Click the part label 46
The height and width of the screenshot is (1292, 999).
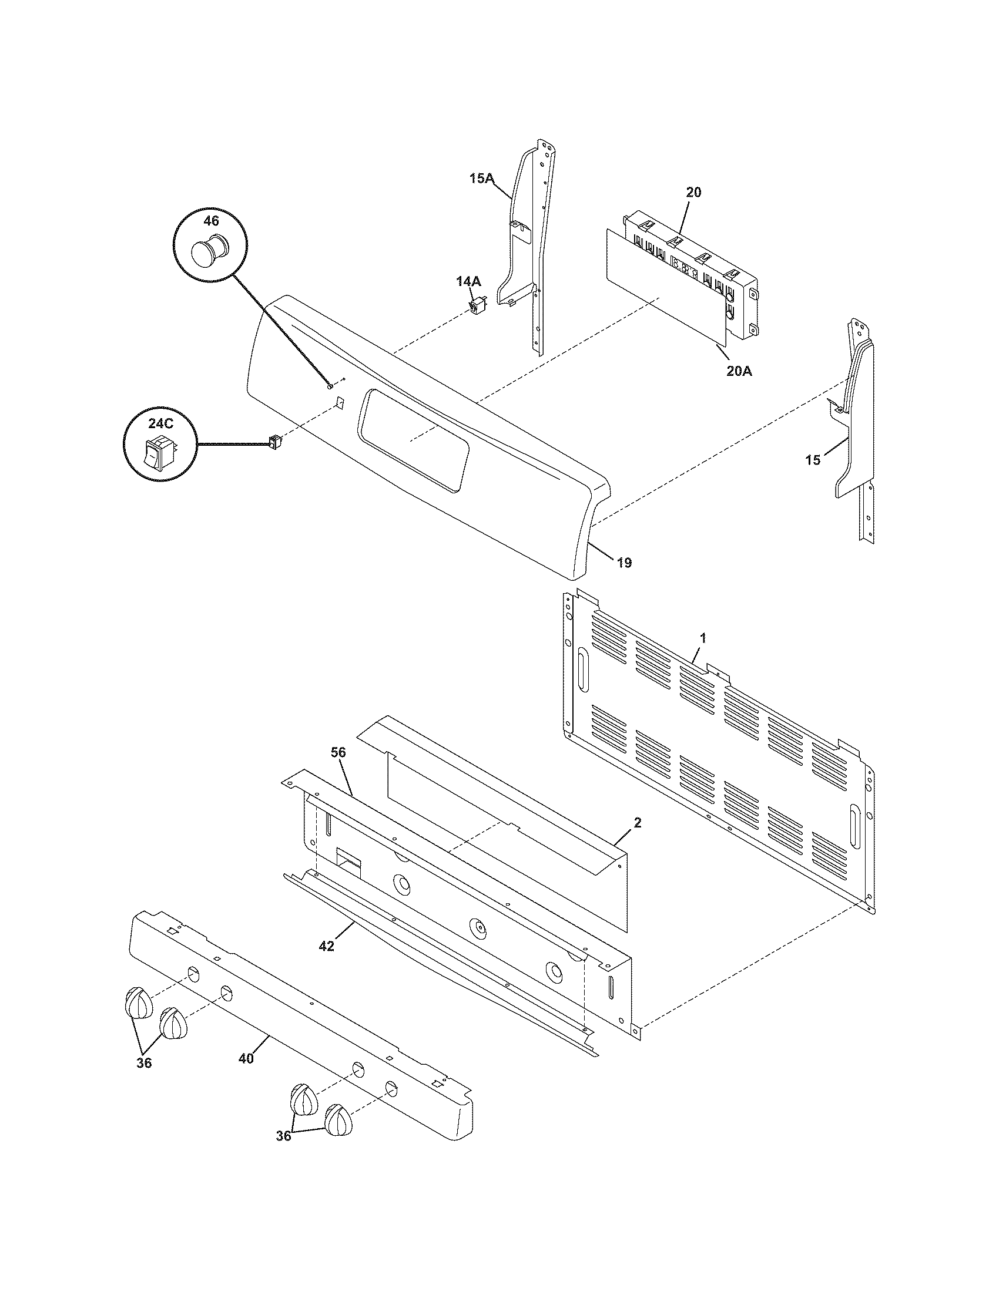click(211, 221)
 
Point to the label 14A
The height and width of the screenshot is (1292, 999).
click(468, 281)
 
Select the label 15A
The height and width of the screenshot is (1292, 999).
click(482, 177)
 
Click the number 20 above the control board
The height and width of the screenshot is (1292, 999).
click(694, 192)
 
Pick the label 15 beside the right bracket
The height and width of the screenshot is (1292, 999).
click(813, 460)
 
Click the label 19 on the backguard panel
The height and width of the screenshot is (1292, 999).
click(624, 563)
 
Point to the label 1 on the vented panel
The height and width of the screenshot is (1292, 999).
click(703, 638)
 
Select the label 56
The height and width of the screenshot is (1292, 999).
click(338, 752)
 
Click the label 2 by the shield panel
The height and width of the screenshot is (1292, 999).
click(638, 823)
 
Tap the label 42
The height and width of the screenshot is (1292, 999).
click(326, 946)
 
